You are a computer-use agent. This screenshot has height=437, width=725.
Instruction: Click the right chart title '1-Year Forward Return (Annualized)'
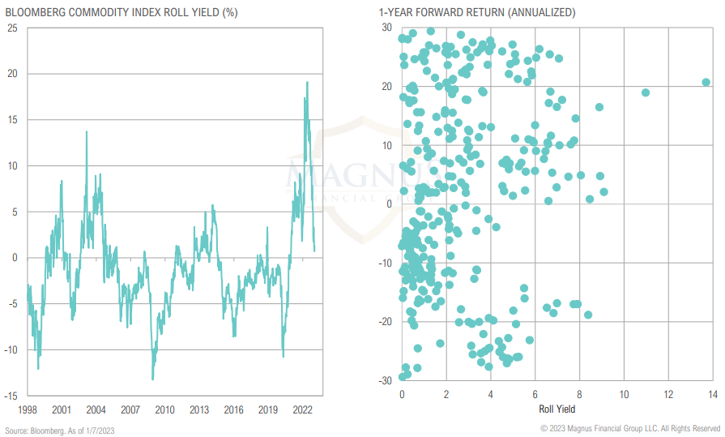466,12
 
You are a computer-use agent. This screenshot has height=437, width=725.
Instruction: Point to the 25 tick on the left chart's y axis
11,28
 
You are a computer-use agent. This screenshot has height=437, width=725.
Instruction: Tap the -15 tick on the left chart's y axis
10,396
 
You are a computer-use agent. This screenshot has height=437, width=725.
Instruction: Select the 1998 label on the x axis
28,409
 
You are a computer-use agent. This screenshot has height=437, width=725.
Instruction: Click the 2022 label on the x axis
302,409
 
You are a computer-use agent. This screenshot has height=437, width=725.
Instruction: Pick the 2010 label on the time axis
165,409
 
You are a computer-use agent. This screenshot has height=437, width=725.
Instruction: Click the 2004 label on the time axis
96,409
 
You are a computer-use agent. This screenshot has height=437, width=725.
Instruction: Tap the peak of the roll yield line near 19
307,82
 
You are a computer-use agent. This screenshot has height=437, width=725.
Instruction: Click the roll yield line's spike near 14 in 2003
87,131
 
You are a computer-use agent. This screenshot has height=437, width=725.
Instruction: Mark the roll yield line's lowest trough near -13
152,379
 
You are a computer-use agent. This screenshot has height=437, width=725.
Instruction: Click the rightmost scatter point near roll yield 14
706,82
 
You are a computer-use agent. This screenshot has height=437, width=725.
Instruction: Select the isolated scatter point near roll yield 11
646,92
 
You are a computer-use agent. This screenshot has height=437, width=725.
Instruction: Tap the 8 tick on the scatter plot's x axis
579,394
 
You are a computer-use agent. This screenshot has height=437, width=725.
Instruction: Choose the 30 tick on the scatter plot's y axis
386,28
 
